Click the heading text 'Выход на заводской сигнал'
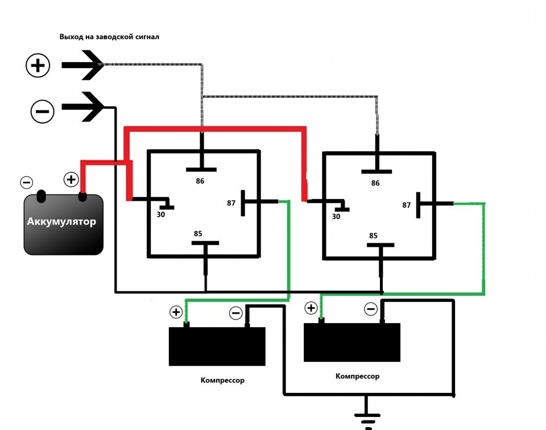point(109,36)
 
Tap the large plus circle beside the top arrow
point(38,65)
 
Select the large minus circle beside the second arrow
point(43,111)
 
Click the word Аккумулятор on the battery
point(61,221)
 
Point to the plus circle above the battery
point(71,180)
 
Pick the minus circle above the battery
point(27,183)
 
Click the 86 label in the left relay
point(200,181)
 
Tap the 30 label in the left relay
point(160,214)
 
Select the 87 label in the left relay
point(231,203)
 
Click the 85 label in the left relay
point(198,234)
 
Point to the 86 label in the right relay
point(375,183)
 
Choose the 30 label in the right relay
point(336,217)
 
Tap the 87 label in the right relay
point(406,205)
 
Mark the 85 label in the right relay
point(373,235)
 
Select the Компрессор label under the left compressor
point(222,380)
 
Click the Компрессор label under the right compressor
point(357,376)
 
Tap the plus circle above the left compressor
point(176,312)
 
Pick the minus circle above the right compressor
point(370,309)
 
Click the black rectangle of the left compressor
point(217,346)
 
